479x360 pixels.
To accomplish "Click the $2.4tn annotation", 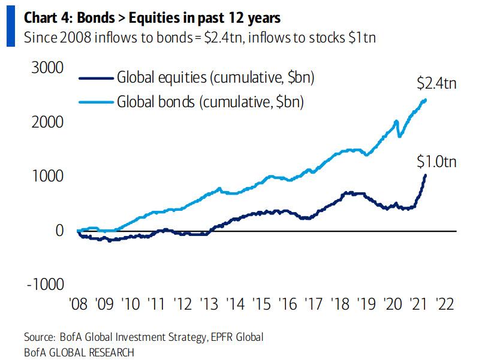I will tap(437, 83).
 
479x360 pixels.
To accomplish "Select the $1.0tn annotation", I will tap(437, 160).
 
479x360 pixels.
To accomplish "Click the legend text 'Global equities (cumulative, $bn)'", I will tap(216, 78).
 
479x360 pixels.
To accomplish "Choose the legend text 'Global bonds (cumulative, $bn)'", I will tap(210, 102).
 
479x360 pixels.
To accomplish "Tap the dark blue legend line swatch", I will tap(96, 78).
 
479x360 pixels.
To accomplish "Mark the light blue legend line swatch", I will tap(96, 102).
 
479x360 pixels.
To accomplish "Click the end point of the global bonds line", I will tap(425, 100).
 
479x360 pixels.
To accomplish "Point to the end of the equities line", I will tap(425, 175).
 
